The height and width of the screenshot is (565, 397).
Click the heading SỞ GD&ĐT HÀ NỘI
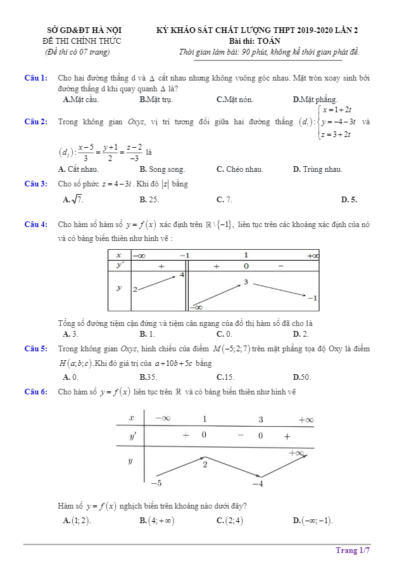(x=85, y=30)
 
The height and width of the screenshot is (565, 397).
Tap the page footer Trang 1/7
(x=353, y=550)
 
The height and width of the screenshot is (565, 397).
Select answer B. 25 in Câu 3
(x=149, y=200)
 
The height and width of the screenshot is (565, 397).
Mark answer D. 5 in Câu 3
(x=349, y=200)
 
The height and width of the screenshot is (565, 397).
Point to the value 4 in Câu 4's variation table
(x=182, y=275)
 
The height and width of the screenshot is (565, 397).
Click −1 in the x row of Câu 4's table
(x=184, y=255)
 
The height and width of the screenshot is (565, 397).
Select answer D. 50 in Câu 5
(x=302, y=377)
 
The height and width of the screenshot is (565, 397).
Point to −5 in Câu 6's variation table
(x=156, y=483)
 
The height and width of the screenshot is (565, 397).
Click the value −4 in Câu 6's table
(x=257, y=484)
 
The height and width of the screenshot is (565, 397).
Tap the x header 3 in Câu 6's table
(x=260, y=420)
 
